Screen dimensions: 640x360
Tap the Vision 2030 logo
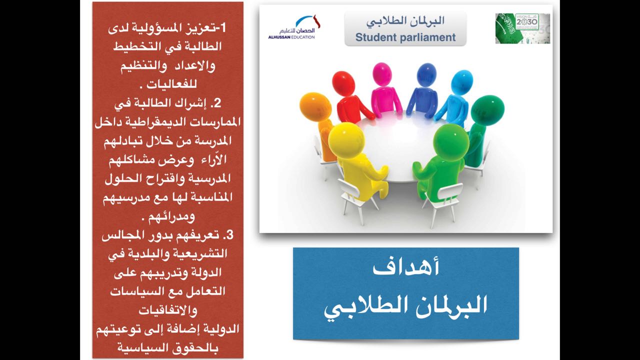coord(522,28)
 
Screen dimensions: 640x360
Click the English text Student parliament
coord(405,37)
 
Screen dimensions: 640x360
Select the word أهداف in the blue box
coord(405,268)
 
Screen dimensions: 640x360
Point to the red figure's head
coord(343,84)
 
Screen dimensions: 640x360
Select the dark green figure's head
coord(487,109)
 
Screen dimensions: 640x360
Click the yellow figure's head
coord(345,139)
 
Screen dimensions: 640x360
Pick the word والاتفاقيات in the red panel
coord(168,310)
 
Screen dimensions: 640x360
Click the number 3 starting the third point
coord(230,235)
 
